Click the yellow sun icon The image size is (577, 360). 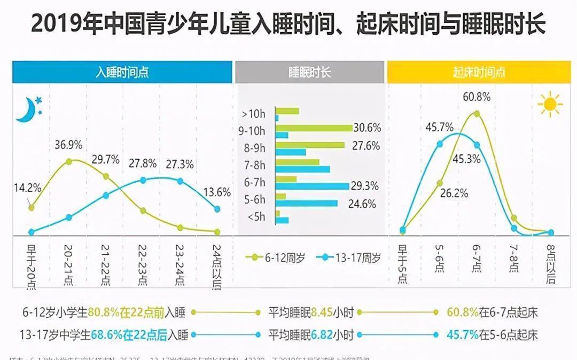point(550,105)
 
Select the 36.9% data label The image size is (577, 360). point(68,145)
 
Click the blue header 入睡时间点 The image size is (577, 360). point(122,73)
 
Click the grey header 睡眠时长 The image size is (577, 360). point(309,73)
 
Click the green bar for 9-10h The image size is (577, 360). point(314,128)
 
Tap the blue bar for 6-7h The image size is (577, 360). point(312,186)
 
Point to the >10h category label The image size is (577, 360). point(253,114)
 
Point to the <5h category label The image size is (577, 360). point(255,217)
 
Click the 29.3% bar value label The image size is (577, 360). point(365,186)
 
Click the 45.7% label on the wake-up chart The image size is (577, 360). point(439,128)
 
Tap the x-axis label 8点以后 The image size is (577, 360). point(551,263)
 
